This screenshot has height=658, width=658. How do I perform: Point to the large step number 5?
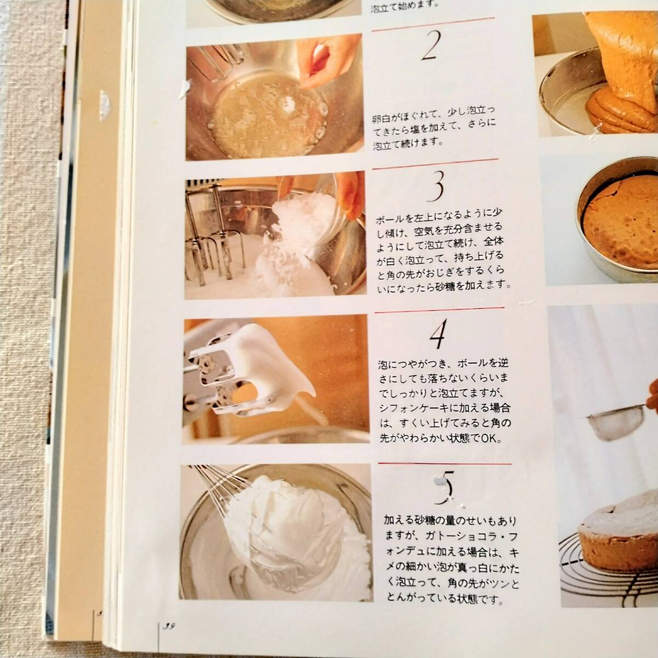coord(445,487)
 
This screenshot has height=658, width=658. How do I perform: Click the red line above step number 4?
coord(439,310)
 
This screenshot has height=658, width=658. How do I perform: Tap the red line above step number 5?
coord(445,464)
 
